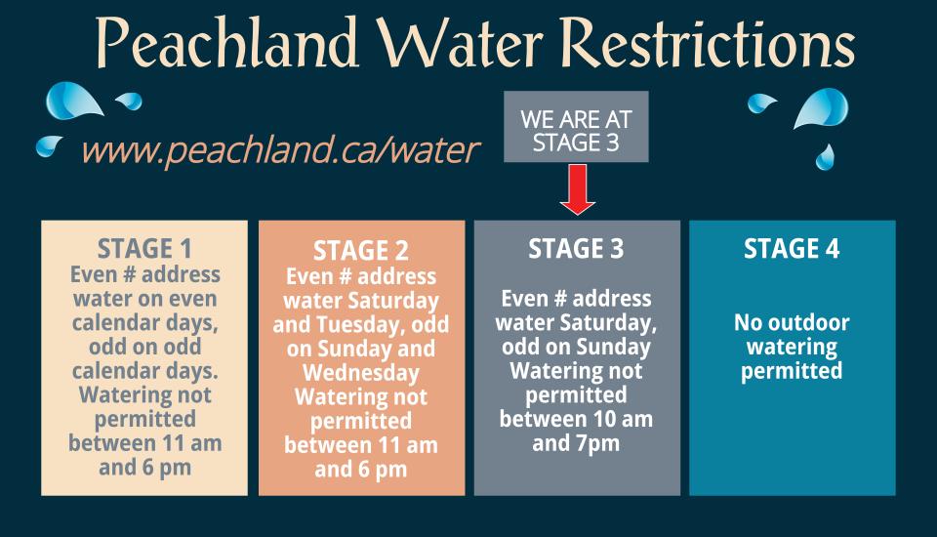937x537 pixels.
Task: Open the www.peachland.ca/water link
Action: [281, 150]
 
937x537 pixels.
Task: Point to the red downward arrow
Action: [578, 189]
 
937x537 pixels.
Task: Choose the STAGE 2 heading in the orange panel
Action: [361, 252]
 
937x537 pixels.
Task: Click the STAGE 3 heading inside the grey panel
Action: [576, 249]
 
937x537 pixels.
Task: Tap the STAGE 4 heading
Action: [792, 249]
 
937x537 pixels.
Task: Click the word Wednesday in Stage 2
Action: [361, 374]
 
